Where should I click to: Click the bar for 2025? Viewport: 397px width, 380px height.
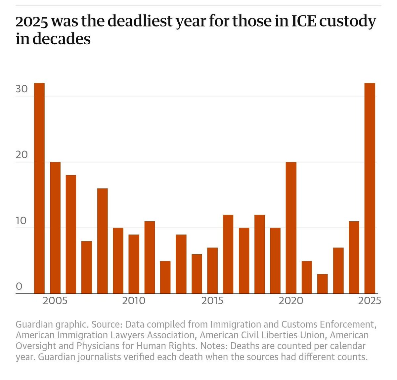370,189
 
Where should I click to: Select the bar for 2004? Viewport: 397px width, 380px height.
39,189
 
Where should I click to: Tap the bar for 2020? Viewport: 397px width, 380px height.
291,228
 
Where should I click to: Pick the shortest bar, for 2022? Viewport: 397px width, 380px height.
322,284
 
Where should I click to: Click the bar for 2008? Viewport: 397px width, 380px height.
102,241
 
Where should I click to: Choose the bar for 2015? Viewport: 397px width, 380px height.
212,271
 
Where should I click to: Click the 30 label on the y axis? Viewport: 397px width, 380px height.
22,90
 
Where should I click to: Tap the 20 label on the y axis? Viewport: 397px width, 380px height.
22,155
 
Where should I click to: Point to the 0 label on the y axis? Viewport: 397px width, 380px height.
19,286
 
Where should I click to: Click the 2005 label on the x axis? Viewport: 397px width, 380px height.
55,301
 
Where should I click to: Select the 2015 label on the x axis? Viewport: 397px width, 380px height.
212,301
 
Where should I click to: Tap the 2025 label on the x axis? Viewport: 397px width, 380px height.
370,301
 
